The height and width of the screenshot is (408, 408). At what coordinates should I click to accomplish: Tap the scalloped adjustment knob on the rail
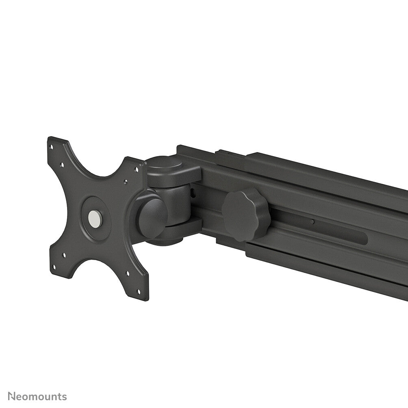pyautogui.click(x=246, y=214)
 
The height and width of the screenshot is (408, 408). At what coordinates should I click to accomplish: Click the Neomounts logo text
pyautogui.click(x=37, y=397)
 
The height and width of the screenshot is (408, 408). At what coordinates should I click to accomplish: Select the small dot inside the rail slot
pyautogui.click(x=312, y=222)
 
